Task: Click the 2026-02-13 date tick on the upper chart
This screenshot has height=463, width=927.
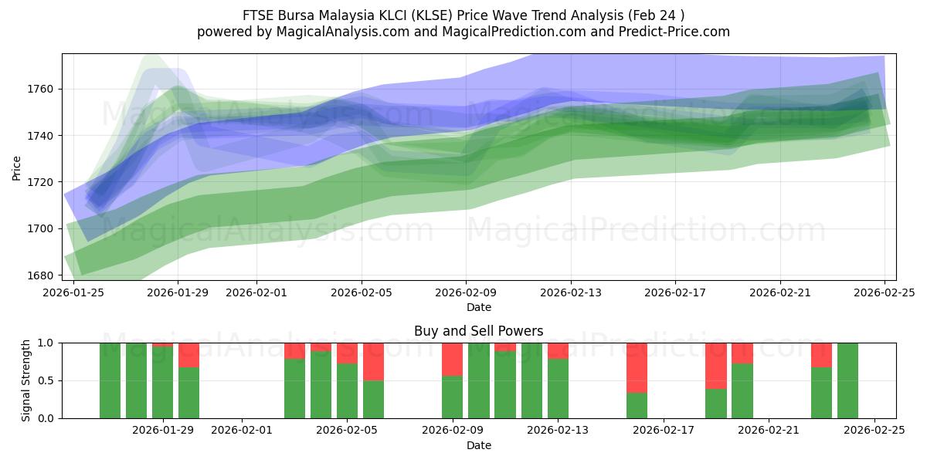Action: (571, 292)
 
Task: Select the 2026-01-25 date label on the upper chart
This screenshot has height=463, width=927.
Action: (73, 292)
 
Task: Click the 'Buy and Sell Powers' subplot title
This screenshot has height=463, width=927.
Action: (478, 331)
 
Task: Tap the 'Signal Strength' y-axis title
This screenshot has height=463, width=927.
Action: (25, 380)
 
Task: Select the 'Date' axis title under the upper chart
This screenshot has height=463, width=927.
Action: (478, 307)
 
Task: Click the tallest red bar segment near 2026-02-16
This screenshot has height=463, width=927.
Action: (637, 367)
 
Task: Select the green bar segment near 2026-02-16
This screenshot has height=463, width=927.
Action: (637, 405)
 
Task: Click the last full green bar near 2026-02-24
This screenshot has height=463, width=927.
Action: (847, 380)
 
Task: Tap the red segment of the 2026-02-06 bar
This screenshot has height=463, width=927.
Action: (373, 361)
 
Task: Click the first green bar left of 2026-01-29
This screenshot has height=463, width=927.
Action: (110, 380)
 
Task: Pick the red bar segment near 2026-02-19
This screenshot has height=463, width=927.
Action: (715, 365)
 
